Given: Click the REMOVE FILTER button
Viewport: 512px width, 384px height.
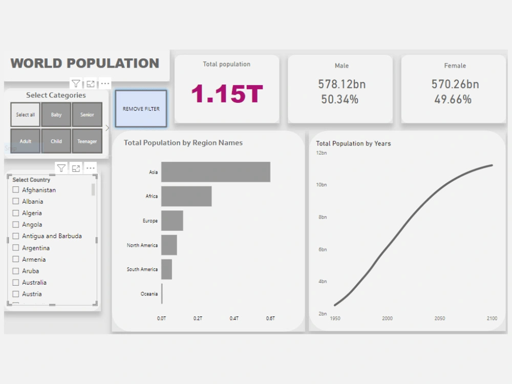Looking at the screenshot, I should pyautogui.click(x=141, y=109).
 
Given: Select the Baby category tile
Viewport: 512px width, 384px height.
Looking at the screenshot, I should pyautogui.click(x=56, y=115).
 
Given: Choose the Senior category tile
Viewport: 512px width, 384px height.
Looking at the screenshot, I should pyautogui.click(x=87, y=115).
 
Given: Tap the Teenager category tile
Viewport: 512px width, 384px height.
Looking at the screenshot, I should pyautogui.click(x=87, y=141).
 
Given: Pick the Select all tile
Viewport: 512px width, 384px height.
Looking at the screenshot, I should pyautogui.click(x=26, y=115).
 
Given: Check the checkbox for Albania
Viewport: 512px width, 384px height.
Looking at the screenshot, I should pyautogui.click(x=16, y=201).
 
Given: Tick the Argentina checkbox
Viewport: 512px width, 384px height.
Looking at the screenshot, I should pyautogui.click(x=16, y=248).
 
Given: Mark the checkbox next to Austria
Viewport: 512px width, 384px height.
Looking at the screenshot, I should pyautogui.click(x=16, y=294).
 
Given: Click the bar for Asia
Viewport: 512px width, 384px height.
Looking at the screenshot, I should pyautogui.click(x=216, y=172).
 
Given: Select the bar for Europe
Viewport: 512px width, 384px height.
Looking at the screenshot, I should pyautogui.click(x=172, y=221).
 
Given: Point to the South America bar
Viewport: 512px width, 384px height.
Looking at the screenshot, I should pyautogui.click(x=166, y=269).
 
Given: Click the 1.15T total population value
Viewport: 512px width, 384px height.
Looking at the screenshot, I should pyautogui.click(x=227, y=94).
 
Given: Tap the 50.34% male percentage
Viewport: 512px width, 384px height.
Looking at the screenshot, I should pyautogui.click(x=340, y=99).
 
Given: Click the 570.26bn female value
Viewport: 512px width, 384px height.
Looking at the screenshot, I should pyautogui.click(x=455, y=84).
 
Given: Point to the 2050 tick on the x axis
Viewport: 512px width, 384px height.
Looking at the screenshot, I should pyautogui.click(x=439, y=318).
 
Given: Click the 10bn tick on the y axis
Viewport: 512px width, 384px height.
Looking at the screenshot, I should pyautogui.click(x=322, y=185).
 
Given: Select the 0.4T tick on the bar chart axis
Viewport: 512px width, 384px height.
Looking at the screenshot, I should pyautogui.click(x=234, y=318).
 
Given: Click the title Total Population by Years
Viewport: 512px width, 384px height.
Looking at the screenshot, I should pyautogui.click(x=353, y=143).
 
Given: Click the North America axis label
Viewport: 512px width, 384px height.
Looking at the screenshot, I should pyautogui.click(x=142, y=245).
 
